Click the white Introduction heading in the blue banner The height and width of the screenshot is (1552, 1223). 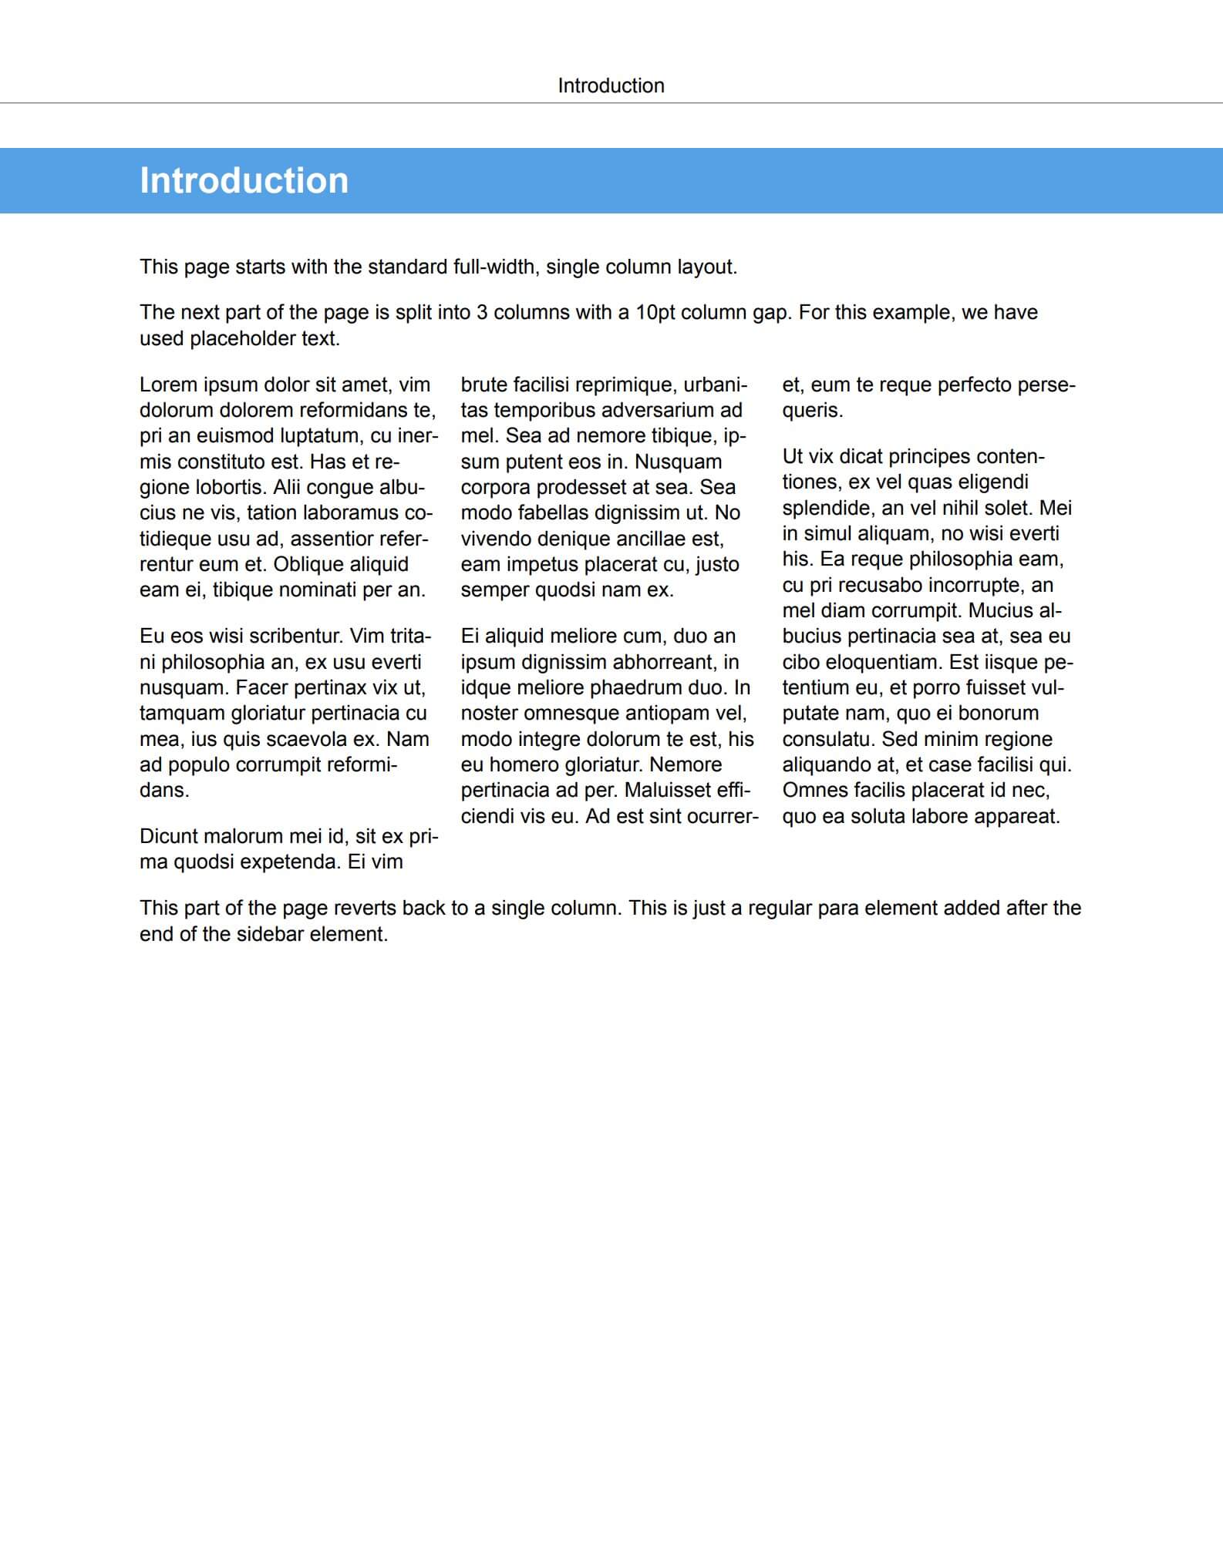[244, 180]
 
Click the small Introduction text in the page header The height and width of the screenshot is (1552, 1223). [611, 86]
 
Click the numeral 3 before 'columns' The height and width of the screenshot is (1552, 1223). [481, 312]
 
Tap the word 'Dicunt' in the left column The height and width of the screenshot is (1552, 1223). [172, 836]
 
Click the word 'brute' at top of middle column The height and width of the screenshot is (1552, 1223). [483, 385]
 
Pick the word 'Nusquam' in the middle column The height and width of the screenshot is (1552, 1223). [679, 462]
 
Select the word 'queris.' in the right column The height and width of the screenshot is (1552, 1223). [812, 410]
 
